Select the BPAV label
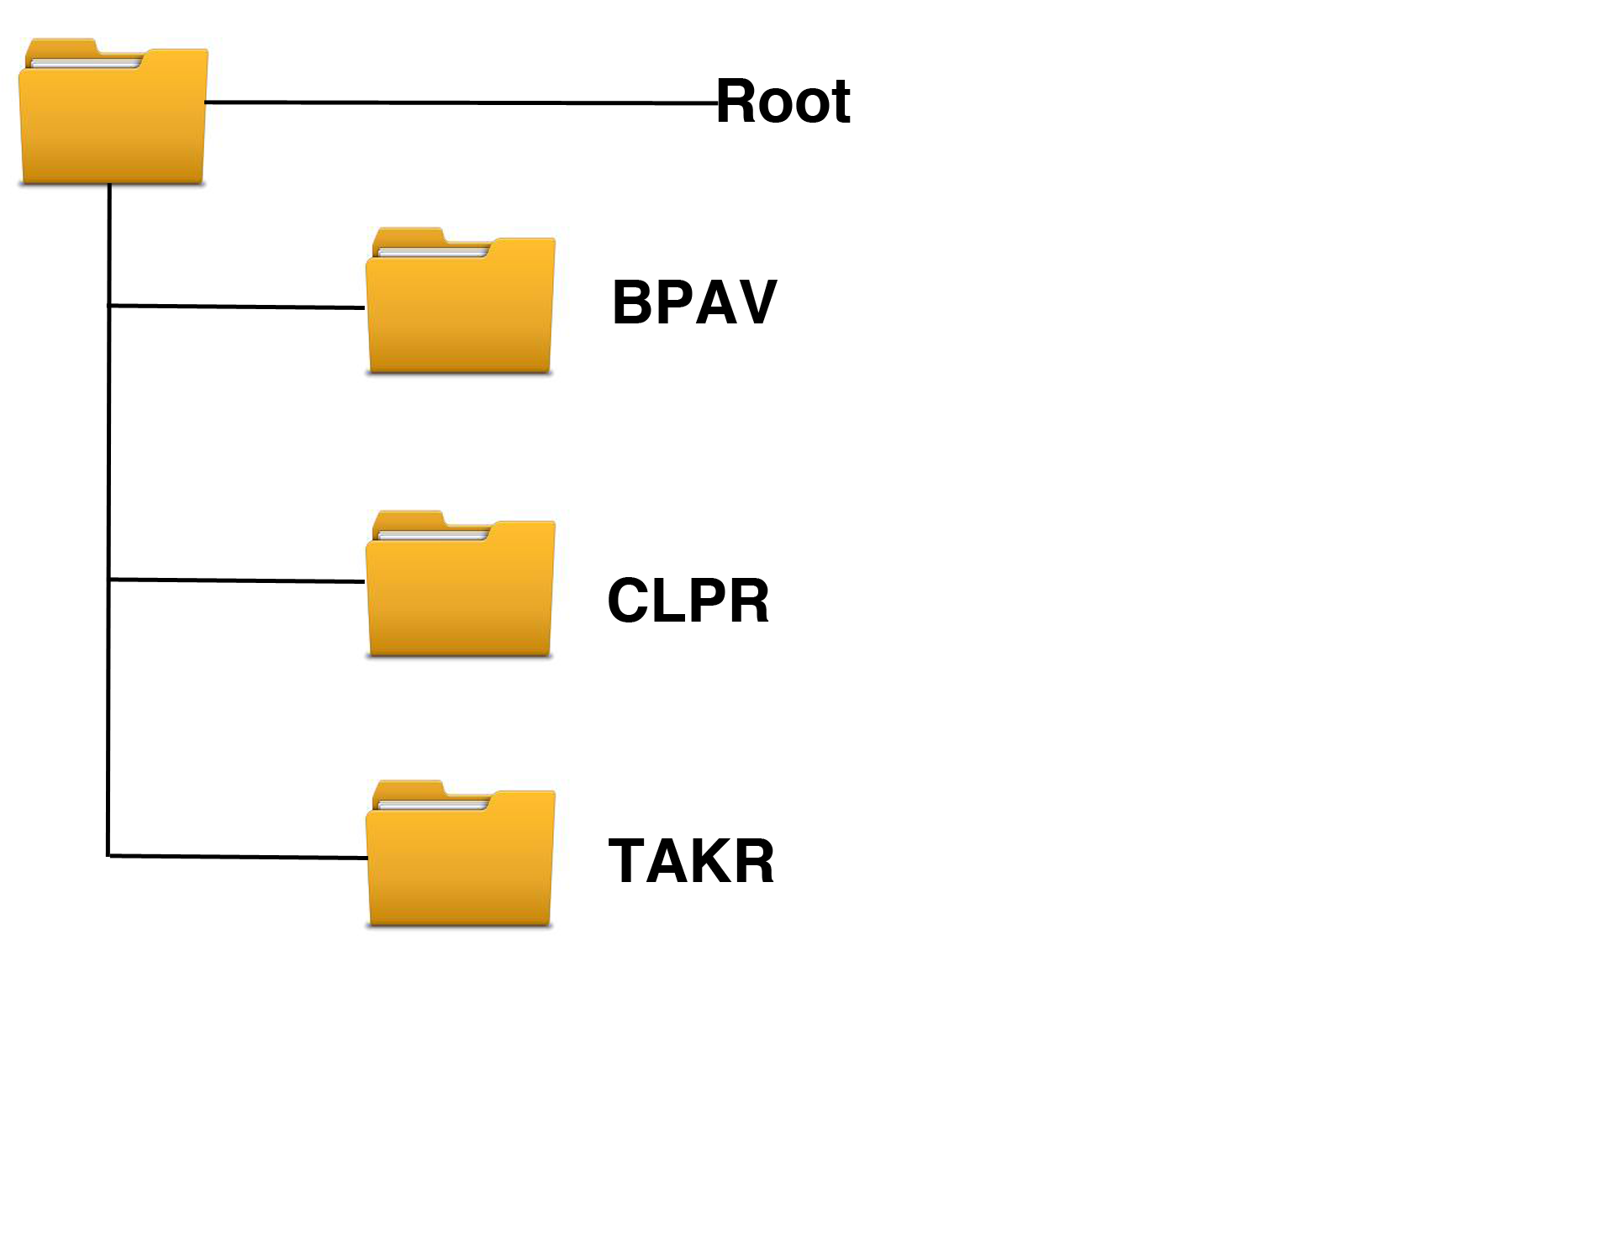coord(693,302)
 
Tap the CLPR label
coord(688,601)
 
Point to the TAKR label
coord(690,861)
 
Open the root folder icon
coord(113,122)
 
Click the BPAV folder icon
coord(460,311)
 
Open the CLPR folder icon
coord(460,594)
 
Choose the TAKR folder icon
coord(460,864)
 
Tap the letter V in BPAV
coord(757,302)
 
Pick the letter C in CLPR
coord(628,601)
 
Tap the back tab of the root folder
coord(61,47)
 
